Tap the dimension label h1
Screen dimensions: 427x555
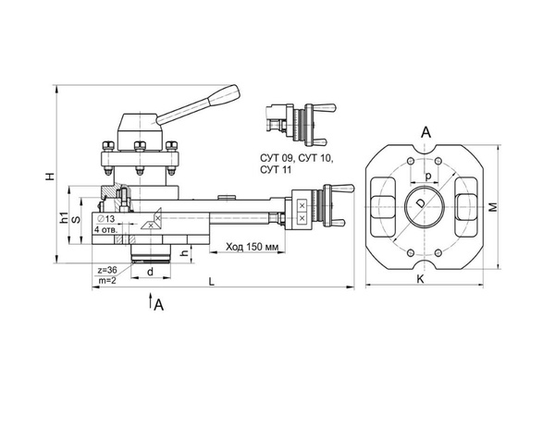pyautogui.click(x=64, y=218)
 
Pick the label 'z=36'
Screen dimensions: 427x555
pyautogui.click(x=108, y=269)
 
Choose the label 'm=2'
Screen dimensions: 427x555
pyautogui.click(x=107, y=280)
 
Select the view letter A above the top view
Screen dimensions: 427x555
pyautogui.click(x=426, y=133)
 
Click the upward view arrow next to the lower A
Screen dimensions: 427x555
pyautogui.click(x=149, y=302)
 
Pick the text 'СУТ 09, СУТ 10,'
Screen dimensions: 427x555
pyautogui.click(x=296, y=160)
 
